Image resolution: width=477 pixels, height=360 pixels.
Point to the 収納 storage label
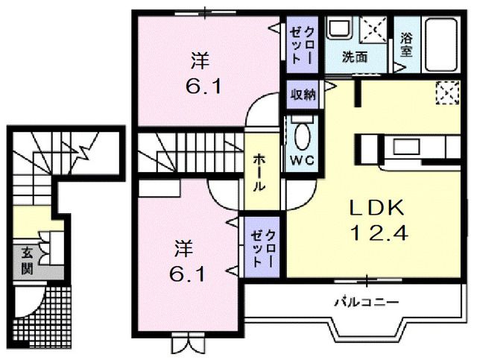[302, 94]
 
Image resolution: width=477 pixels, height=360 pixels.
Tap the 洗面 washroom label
[355, 57]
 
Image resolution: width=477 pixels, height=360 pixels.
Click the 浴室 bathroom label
[406, 45]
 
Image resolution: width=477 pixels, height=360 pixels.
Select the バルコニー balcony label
[365, 303]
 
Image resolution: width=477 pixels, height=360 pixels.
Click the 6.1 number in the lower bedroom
[185, 273]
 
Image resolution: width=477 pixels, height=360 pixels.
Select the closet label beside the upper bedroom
[302, 43]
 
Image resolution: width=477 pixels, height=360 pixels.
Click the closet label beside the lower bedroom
[265, 249]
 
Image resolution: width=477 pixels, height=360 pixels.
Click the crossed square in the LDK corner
[447, 92]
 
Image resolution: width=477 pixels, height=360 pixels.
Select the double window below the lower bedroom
[186, 345]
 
